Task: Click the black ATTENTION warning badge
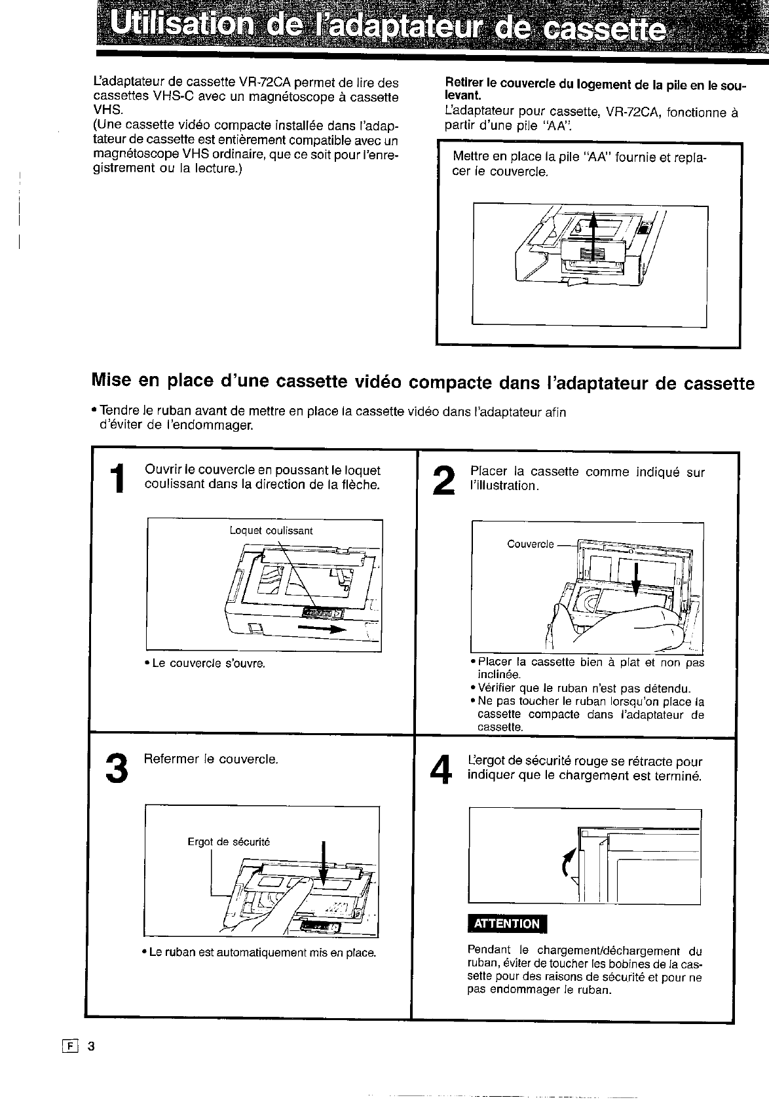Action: tap(507, 923)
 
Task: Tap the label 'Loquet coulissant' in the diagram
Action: tap(271, 530)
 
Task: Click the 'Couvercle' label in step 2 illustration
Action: tap(530, 544)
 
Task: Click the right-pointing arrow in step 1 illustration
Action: tap(321, 629)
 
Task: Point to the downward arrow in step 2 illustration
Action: tap(635, 580)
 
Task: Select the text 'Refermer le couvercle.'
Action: tap(211, 759)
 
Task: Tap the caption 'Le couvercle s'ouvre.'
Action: tap(208, 664)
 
